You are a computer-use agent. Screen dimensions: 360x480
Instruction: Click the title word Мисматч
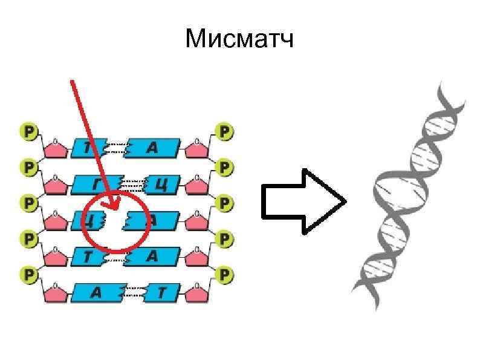(240, 40)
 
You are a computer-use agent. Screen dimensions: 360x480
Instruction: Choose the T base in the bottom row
(160, 293)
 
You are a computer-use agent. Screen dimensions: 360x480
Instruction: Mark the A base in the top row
(152, 146)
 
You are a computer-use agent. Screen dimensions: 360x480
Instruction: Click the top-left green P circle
(28, 131)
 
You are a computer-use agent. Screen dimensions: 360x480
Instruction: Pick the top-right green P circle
(224, 131)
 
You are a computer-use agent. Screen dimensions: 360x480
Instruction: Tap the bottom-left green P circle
(28, 275)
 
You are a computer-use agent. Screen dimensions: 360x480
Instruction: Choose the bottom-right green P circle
(224, 275)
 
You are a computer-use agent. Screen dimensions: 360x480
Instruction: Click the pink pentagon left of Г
(56, 184)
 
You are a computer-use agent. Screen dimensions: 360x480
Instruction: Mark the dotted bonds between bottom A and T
(134, 293)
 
